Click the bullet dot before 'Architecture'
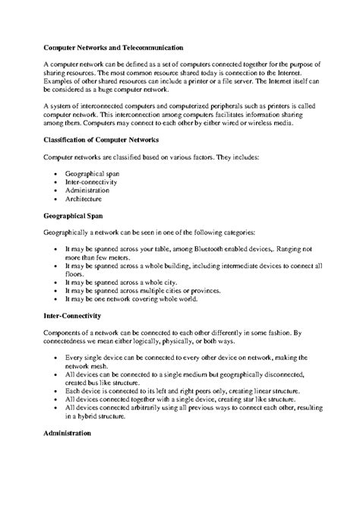pyautogui.click(x=58, y=198)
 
